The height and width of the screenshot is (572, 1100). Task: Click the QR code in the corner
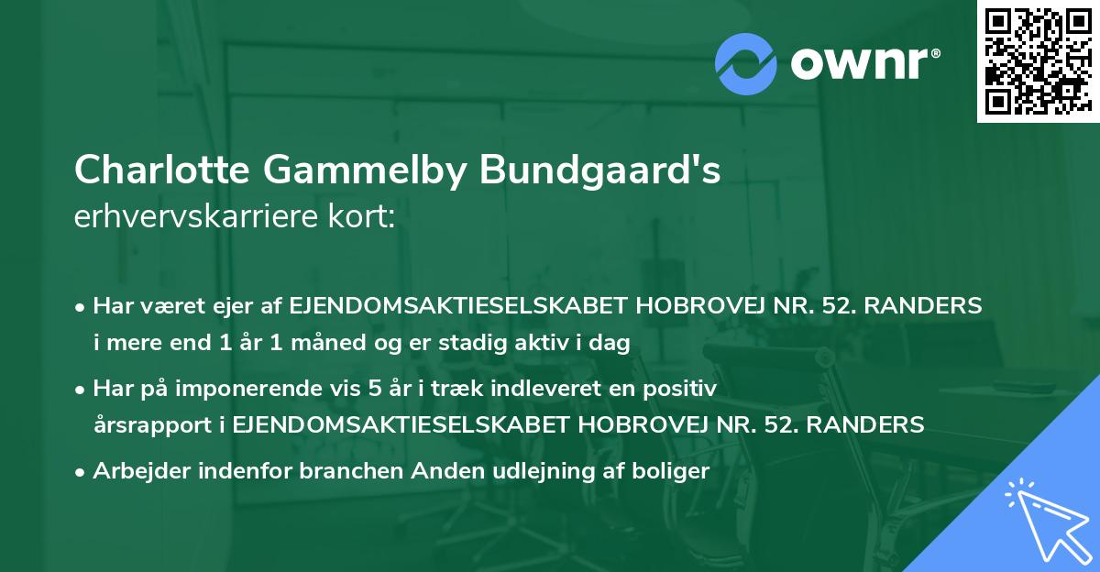(1037, 60)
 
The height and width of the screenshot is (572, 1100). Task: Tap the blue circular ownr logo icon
(745, 64)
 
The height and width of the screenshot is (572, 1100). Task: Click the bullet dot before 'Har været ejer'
(82, 307)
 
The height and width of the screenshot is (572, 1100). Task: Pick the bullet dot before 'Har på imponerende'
(82, 390)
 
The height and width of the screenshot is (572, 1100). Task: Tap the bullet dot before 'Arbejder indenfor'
(82, 472)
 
